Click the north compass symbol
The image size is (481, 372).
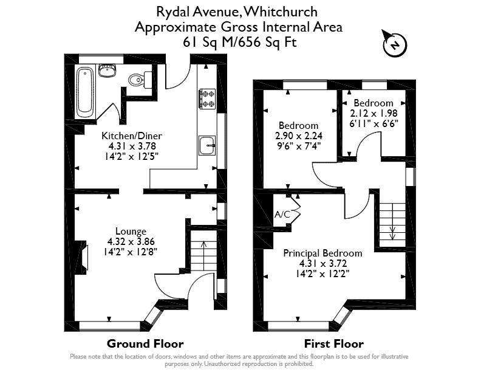tap(395, 44)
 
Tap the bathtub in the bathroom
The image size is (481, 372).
tap(84, 92)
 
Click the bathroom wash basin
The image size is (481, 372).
tap(107, 71)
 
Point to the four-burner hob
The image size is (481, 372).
tap(207, 99)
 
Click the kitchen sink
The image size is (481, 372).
tap(207, 145)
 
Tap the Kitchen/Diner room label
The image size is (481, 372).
tap(132, 136)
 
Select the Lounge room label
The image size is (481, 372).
tap(131, 231)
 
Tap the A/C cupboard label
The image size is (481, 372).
tap(282, 214)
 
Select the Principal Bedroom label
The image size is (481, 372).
tap(322, 253)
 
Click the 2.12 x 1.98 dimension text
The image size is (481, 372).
tap(374, 113)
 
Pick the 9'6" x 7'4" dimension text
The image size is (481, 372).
tap(299, 145)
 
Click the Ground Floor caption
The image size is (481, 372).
tap(145, 344)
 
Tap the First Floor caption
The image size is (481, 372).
tap(334, 344)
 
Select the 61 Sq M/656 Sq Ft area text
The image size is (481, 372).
tap(239, 42)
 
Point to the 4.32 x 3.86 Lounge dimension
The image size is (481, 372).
tap(131, 241)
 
